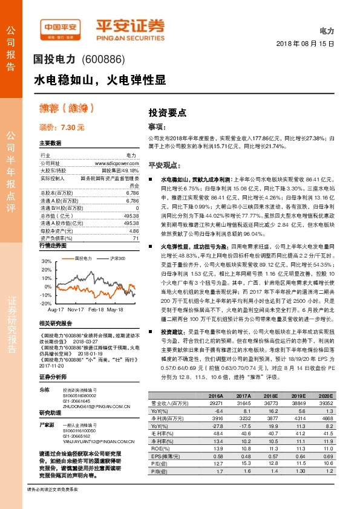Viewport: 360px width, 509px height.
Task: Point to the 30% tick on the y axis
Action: coord(47,261)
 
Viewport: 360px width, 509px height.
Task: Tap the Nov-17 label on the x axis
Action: coord(76,309)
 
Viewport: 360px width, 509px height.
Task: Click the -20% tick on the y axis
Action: coord(46,303)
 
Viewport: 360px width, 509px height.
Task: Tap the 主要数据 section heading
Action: coord(50,143)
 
